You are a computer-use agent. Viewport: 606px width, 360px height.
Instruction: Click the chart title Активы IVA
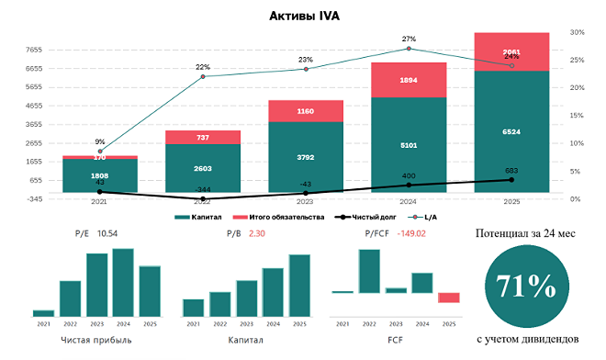pos(304,16)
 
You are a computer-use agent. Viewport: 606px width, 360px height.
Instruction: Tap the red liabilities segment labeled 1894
pos(409,80)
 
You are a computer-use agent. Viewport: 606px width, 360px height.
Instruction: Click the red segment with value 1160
pos(306,111)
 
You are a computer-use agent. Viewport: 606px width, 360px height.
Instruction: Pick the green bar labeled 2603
pos(203,168)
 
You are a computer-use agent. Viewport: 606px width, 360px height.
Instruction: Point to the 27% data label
pos(409,39)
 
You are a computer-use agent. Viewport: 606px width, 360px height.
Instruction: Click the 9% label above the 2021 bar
pos(100,141)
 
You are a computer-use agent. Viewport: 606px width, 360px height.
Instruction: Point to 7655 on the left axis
pos(34,50)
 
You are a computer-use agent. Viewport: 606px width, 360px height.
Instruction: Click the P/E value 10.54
pos(108,234)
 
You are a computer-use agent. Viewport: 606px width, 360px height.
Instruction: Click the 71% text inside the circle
pos(526,287)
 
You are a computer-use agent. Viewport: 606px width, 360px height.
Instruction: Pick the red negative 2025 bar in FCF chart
pos(448,298)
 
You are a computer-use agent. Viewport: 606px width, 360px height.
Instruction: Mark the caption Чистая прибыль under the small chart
pos(96,340)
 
